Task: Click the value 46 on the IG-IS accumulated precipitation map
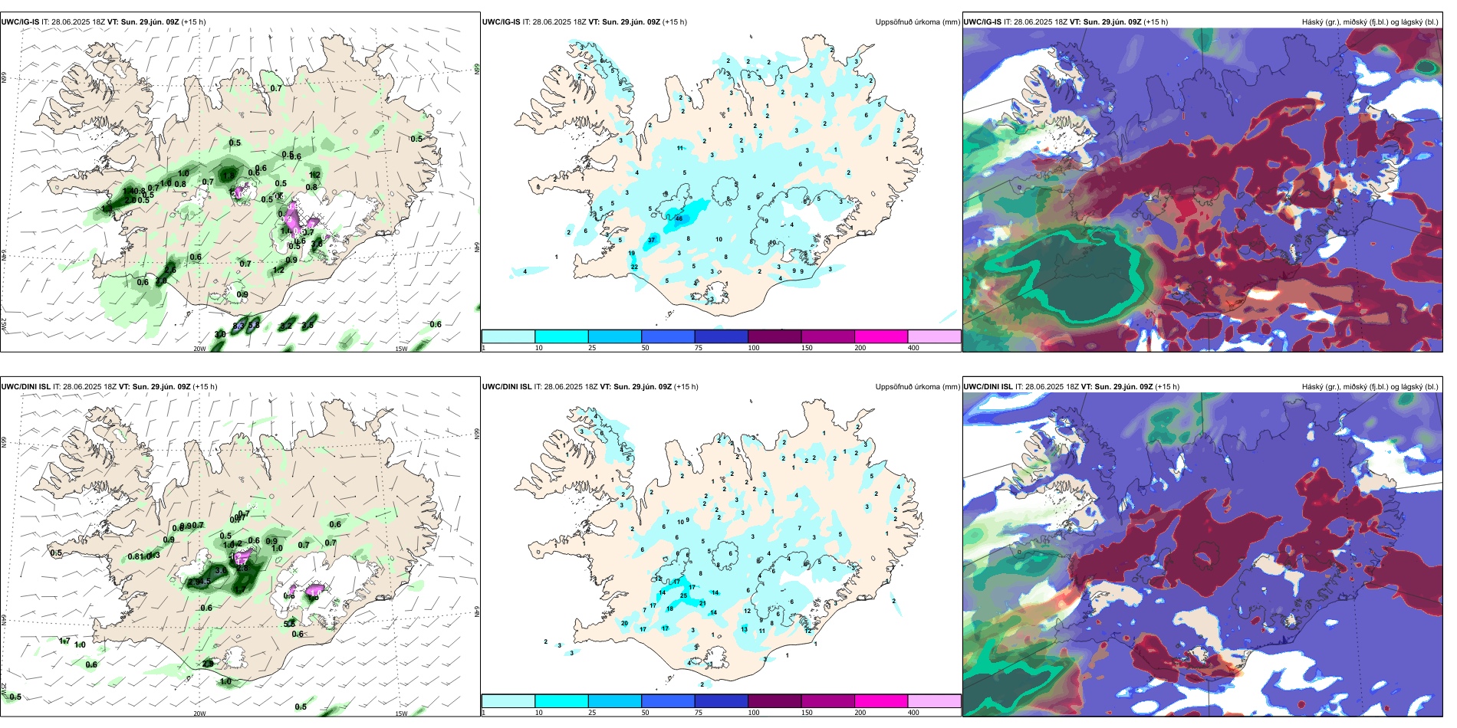(x=679, y=218)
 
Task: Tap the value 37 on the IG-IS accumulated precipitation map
(x=651, y=240)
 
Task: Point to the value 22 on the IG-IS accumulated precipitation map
(x=634, y=267)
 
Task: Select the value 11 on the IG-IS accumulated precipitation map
(x=680, y=148)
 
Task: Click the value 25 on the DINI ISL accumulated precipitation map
(x=683, y=595)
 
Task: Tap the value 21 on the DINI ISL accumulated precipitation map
(x=702, y=603)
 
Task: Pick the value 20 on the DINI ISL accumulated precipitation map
(x=624, y=623)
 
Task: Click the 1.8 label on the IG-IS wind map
(x=229, y=175)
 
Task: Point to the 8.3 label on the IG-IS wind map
(x=238, y=326)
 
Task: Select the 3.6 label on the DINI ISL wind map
(x=221, y=570)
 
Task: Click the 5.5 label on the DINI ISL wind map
(x=290, y=624)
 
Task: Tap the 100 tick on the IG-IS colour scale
(x=754, y=348)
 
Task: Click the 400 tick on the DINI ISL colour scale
(x=913, y=713)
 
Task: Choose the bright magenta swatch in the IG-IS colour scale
(x=881, y=336)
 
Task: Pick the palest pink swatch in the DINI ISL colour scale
(x=934, y=701)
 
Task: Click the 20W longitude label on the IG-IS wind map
(x=199, y=349)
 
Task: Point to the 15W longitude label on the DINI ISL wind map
(x=401, y=713)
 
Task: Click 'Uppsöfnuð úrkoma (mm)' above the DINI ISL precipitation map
(x=917, y=387)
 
